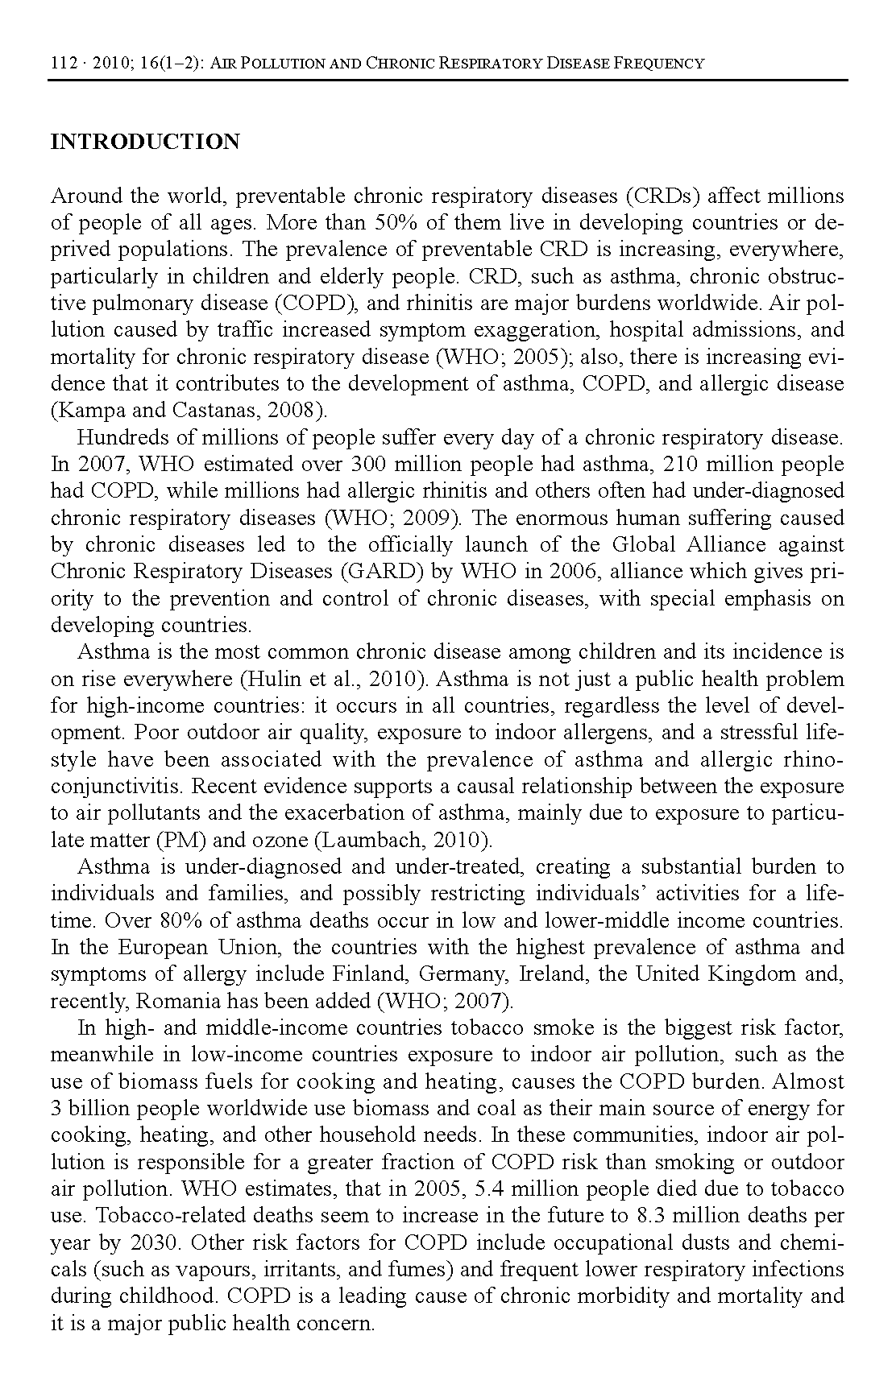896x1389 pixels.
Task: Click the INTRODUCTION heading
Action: (145, 143)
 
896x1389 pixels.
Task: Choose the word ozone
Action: (280, 840)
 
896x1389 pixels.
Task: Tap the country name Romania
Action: (172, 1001)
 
